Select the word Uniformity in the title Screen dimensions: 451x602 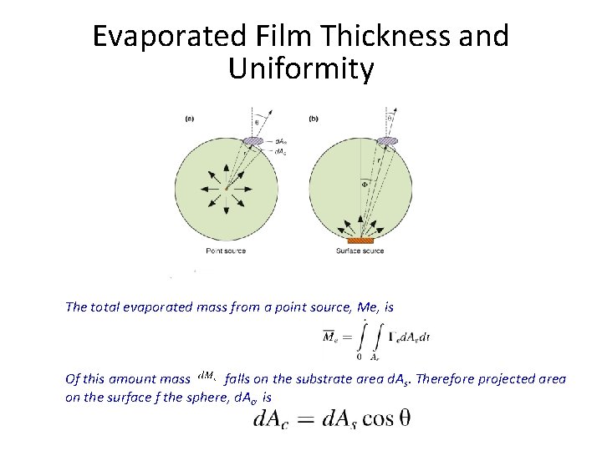tap(300, 69)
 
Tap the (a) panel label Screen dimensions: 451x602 tap(190, 119)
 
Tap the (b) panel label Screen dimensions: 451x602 tap(314, 119)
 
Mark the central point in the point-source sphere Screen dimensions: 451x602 tap(226, 188)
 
